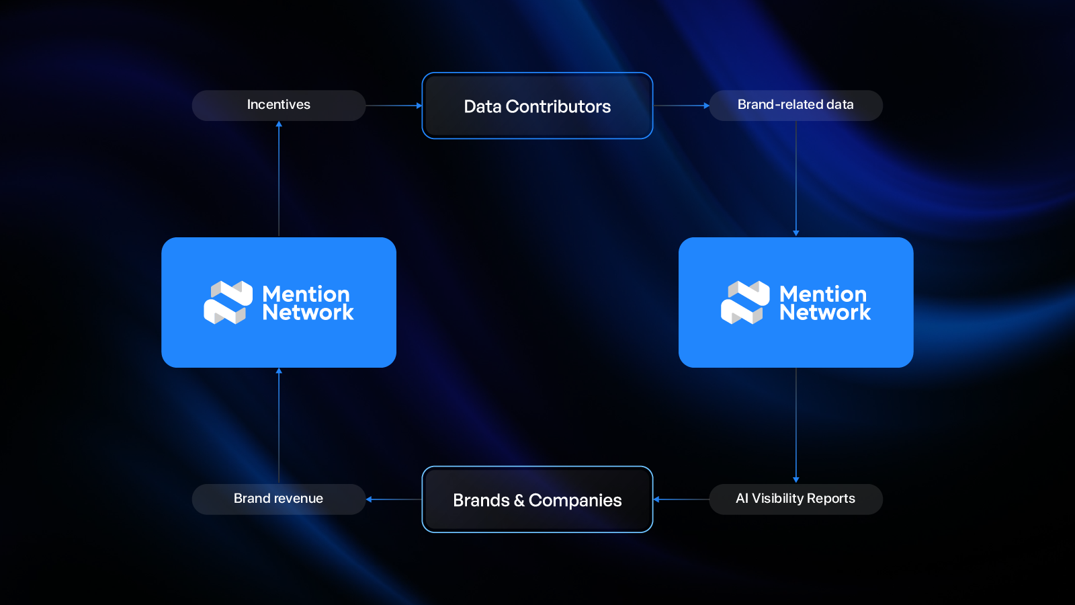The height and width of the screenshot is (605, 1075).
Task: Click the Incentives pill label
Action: (278, 105)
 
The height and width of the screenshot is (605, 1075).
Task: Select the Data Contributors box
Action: (537, 106)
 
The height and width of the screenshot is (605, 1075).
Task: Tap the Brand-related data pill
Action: (795, 105)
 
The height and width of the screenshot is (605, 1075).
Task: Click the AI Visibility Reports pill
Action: (795, 499)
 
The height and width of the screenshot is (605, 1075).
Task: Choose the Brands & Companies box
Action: (537, 499)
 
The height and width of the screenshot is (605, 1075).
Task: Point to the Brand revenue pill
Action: (278, 499)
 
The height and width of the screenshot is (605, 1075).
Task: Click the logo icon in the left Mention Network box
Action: (228, 302)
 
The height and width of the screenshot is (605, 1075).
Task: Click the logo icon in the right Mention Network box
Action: (745, 302)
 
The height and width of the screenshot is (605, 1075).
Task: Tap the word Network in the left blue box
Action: (308, 313)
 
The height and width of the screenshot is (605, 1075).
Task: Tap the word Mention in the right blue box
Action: (822, 294)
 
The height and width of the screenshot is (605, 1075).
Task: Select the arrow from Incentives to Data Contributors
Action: (394, 106)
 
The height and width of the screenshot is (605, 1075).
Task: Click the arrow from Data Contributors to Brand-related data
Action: (681, 106)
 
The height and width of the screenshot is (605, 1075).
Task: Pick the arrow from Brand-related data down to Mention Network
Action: (796, 179)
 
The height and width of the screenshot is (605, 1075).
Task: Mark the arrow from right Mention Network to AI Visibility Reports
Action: (796, 425)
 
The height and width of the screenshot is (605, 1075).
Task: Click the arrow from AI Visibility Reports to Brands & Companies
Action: (681, 499)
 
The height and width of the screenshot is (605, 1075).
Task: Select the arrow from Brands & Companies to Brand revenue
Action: (394, 499)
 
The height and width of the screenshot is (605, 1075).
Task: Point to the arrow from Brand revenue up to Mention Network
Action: (279, 425)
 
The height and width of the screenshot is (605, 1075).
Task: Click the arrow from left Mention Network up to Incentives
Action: (279, 179)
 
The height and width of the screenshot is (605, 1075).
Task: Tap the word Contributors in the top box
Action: (558, 106)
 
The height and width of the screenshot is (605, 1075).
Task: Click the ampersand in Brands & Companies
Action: (519, 501)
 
